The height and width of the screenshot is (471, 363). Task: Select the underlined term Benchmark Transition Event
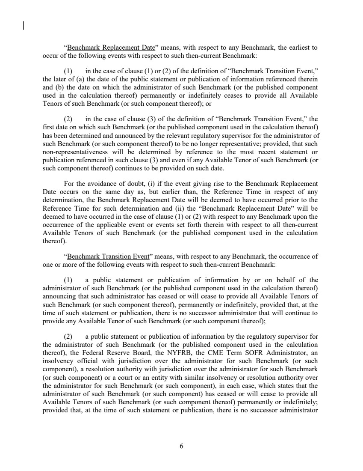[108, 257]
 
